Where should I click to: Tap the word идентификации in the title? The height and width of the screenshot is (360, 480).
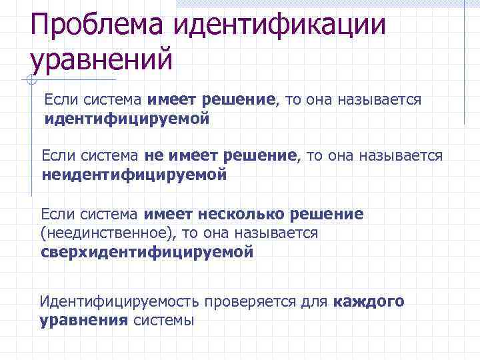coord(280,25)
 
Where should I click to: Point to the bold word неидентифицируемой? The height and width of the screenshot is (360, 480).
coord(134,175)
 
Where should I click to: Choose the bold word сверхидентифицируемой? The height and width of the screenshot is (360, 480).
coord(147,253)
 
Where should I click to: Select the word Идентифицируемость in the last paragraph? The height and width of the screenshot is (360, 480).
coord(120,301)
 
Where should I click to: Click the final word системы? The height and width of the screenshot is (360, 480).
coord(163,320)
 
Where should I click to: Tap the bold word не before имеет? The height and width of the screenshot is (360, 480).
coord(153,156)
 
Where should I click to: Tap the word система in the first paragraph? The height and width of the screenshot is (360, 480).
coord(112,100)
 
